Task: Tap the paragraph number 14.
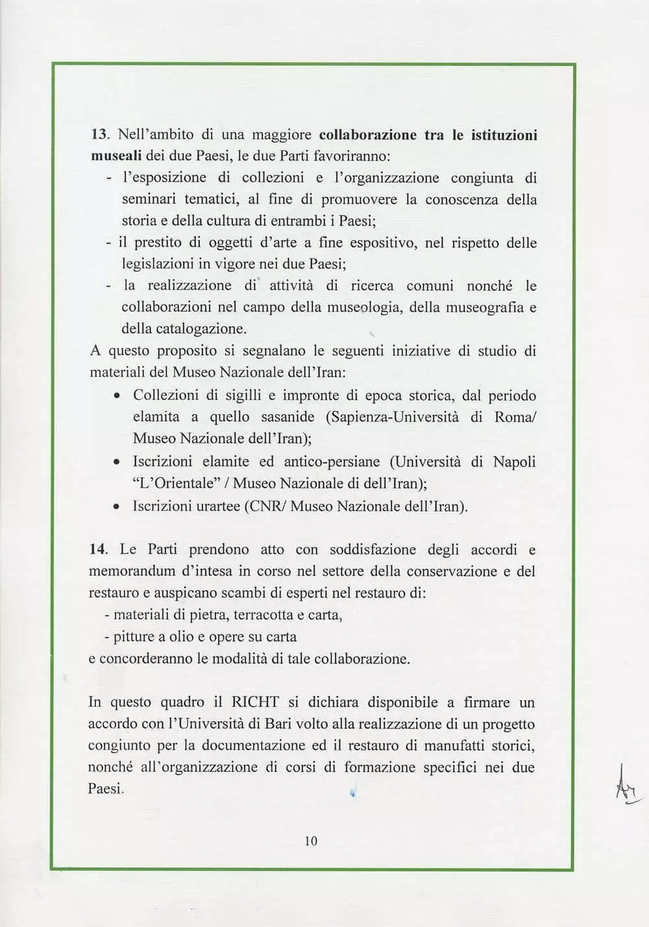click(x=97, y=549)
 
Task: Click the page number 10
click(x=311, y=841)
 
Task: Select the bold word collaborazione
click(x=367, y=135)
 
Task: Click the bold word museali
click(x=116, y=156)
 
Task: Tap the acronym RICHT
click(x=255, y=702)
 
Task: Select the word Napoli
click(x=515, y=462)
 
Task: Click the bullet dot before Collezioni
click(x=116, y=396)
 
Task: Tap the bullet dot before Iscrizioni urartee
click(x=116, y=506)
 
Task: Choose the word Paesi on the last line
click(x=106, y=789)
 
